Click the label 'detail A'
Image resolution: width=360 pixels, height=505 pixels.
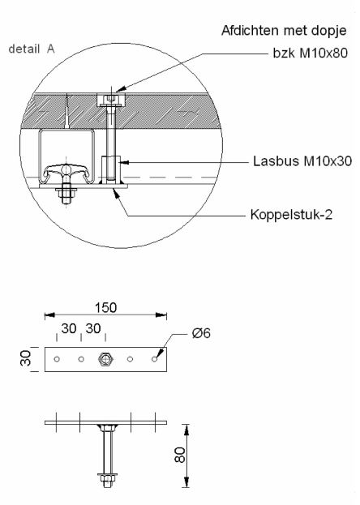[32, 49]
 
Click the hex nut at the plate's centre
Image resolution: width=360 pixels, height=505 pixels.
[106, 359]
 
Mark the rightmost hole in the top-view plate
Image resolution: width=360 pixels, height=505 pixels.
[156, 358]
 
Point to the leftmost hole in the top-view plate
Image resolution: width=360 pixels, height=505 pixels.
[56, 358]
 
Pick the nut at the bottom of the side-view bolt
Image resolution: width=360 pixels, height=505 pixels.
[106, 475]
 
